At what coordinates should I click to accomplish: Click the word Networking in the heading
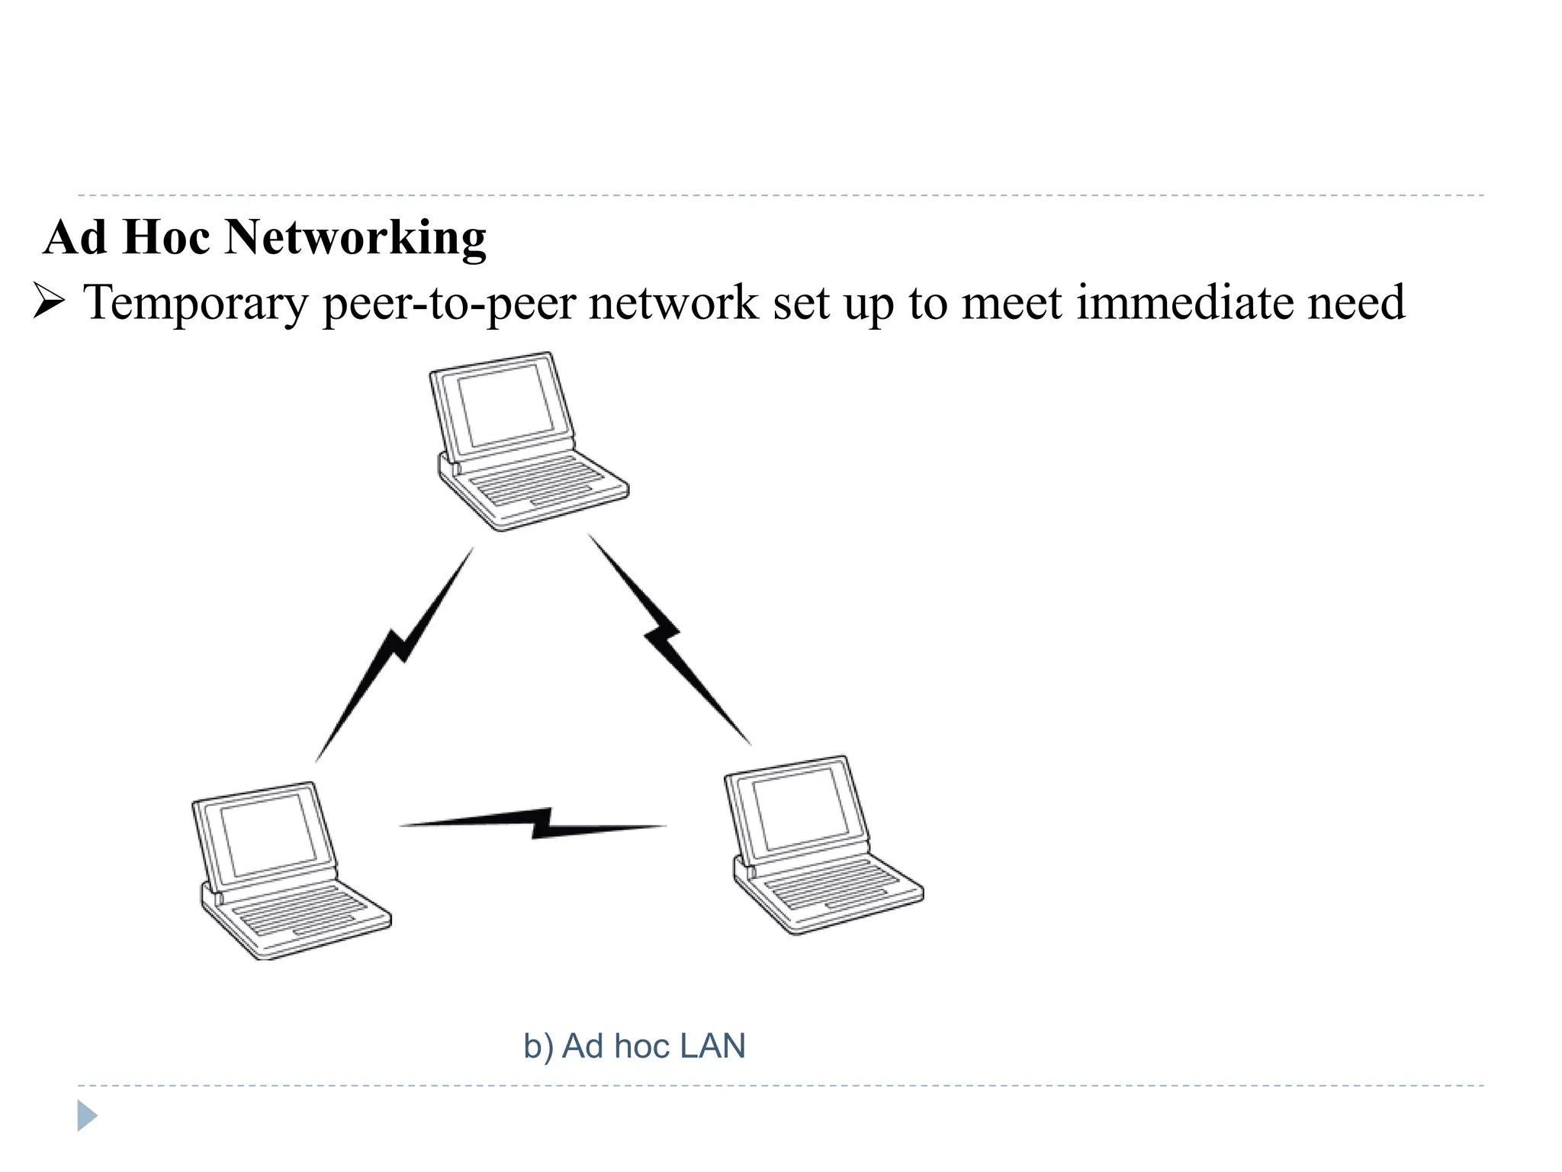[x=355, y=238]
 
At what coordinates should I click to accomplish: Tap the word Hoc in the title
[x=166, y=237]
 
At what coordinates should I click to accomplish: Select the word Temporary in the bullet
[x=195, y=303]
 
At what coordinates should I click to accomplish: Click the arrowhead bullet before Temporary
[x=49, y=302]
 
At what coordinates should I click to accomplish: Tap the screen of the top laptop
[x=504, y=404]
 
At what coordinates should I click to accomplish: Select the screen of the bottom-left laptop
[x=268, y=834]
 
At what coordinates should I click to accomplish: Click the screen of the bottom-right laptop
[x=799, y=809]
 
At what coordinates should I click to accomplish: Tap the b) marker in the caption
[x=538, y=1046]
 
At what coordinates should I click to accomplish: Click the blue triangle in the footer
[x=87, y=1116]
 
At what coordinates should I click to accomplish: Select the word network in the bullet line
[x=673, y=302]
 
